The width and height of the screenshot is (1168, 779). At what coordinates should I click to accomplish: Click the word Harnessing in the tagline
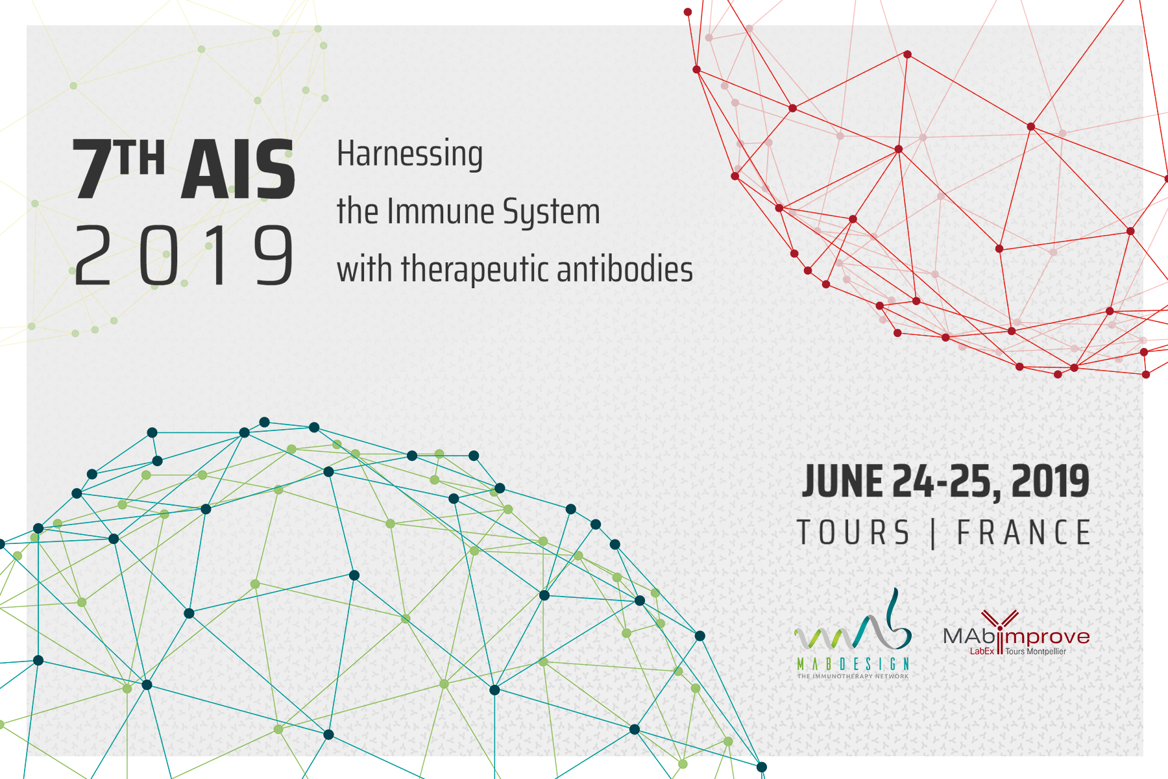409,155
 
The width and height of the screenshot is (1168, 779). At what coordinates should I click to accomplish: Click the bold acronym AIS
237,170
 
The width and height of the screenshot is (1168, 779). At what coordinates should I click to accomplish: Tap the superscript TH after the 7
141,157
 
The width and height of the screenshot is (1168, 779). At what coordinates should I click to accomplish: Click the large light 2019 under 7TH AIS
184,255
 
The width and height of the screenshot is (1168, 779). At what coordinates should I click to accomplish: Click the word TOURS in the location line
853,533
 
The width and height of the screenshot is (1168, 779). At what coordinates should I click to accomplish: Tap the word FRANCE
1024,533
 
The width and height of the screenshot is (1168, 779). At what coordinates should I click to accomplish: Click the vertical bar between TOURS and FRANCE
933,534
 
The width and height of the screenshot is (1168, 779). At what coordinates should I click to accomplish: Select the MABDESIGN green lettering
853,664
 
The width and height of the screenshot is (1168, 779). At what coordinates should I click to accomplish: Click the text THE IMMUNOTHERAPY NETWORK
853,676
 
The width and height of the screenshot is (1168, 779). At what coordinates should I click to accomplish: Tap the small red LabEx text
982,651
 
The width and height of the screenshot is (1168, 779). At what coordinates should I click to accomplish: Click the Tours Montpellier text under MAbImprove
1036,651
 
